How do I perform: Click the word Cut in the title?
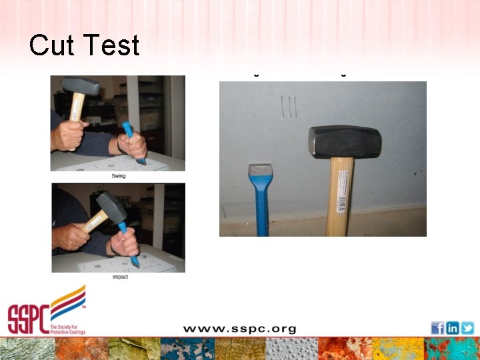point(51,45)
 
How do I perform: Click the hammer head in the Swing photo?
point(80,86)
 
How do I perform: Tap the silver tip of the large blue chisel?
point(259,169)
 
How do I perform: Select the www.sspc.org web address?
point(240,329)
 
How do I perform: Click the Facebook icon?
point(437,327)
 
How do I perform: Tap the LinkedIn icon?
point(453,327)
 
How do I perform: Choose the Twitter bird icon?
point(467,327)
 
